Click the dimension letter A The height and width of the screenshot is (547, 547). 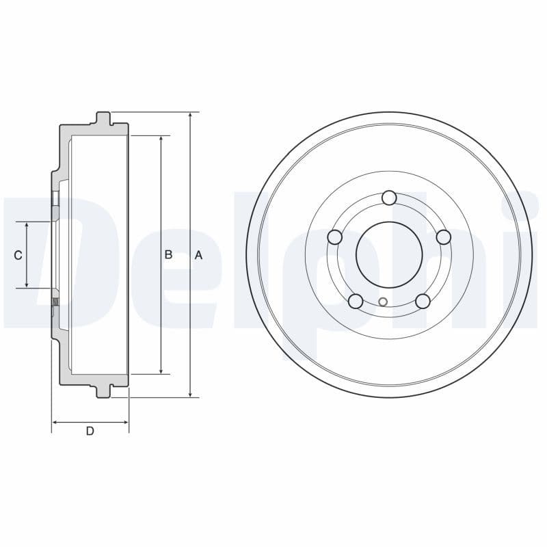(198, 255)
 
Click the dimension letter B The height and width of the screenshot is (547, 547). (168, 255)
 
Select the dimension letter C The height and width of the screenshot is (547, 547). (18, 255)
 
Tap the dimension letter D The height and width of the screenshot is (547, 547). (90, 431)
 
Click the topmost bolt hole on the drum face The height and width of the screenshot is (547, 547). (389, 198)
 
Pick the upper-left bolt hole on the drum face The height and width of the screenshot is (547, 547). (335, 237)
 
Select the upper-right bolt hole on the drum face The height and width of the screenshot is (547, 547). (443, 237)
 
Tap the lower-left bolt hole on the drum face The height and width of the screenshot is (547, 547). (356, 301)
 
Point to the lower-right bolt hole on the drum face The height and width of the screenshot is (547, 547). (423, 301)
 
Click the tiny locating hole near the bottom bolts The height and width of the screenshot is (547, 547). (383, 302)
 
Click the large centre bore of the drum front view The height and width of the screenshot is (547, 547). (389, 255)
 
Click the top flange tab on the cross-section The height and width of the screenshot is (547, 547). (103, 118)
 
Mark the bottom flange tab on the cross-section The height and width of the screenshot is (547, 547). (103, 391)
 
